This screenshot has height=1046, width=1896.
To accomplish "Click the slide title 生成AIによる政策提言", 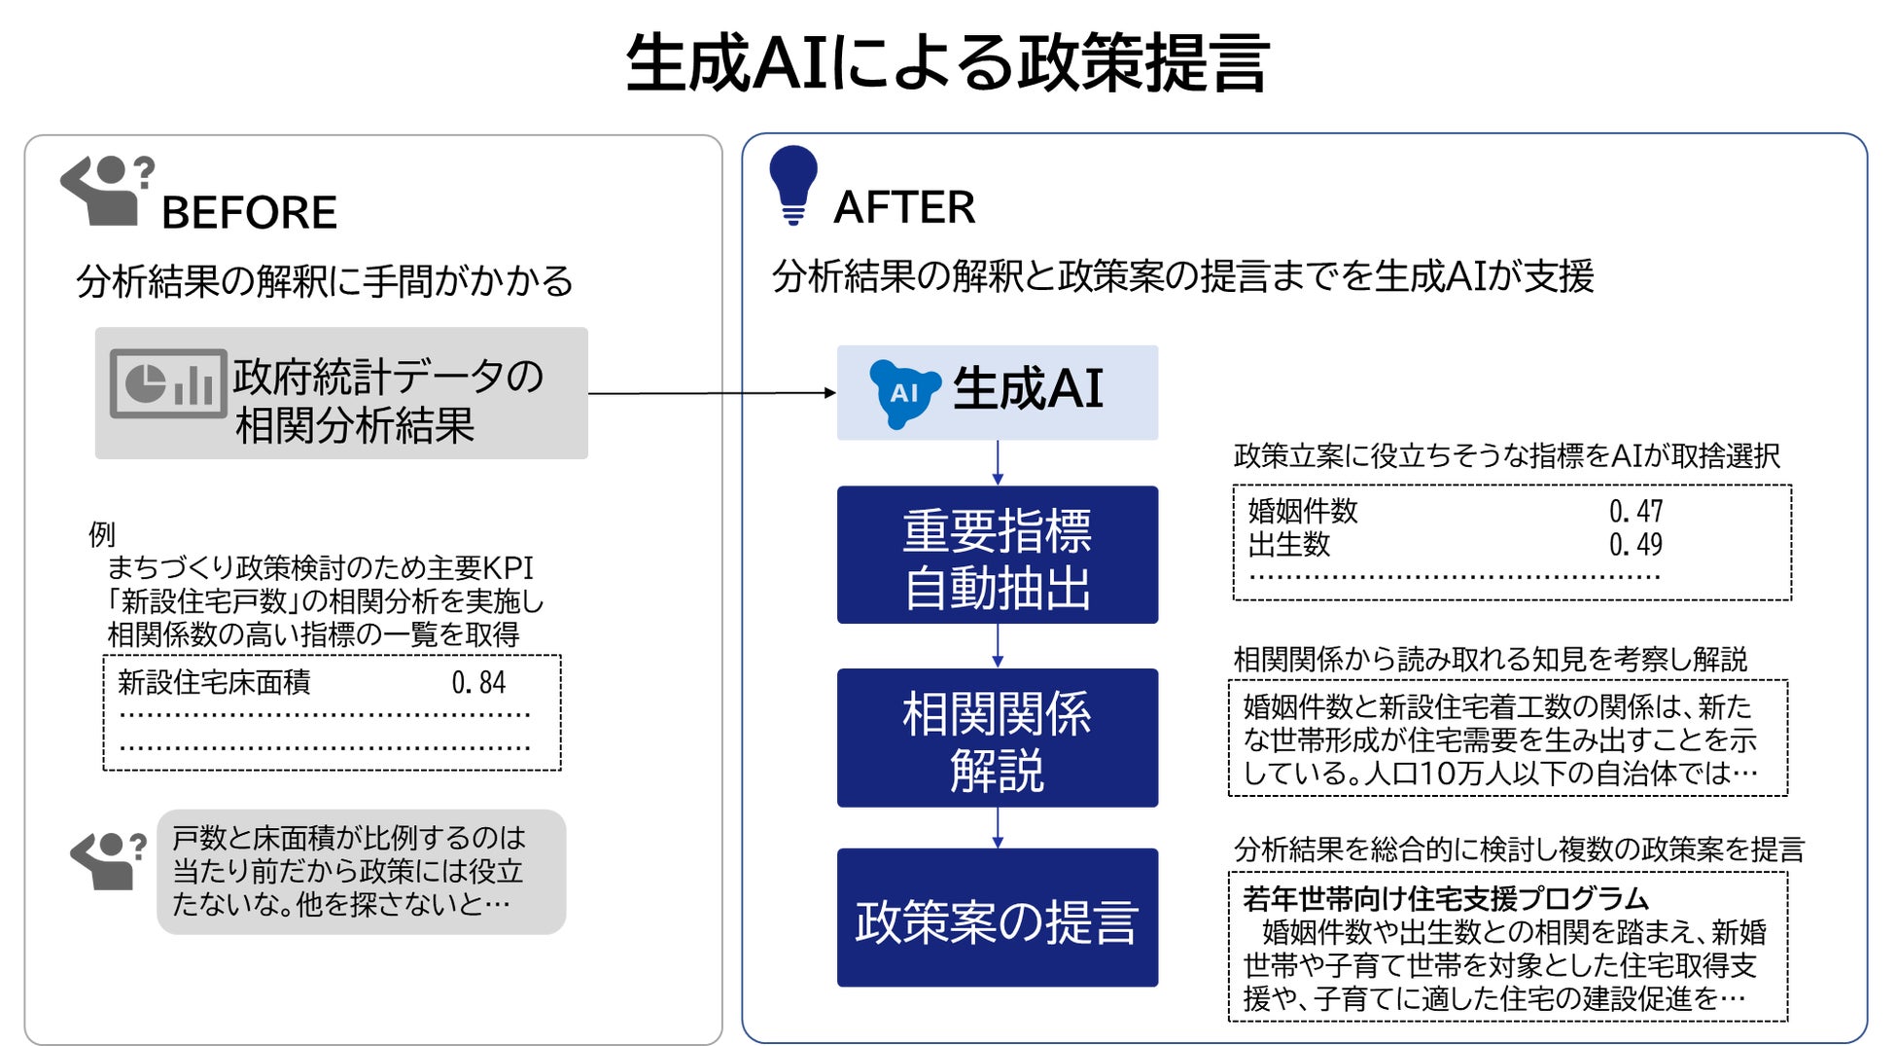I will pyautogui.click(x=947, y=63).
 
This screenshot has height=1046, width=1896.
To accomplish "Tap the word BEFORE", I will pyautogui.click(x=249, y=212).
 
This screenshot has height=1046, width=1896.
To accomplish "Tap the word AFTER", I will pyautogui.click(x=904, y=207).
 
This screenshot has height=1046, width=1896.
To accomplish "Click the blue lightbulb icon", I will pyautogui.click(x=793, y=184).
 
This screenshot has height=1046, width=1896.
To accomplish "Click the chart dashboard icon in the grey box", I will pyautogui.click(x=168, y=383).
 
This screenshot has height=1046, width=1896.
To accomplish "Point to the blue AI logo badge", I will pyautogui.click(x=903, y=392).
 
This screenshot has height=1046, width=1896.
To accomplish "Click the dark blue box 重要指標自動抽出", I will pyautogui.click(x=997, y=555).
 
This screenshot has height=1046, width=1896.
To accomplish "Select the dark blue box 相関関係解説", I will pyautogui.click(x=997, y=738).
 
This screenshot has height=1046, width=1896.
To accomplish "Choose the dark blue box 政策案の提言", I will pyautogui.click(x=997, y=918).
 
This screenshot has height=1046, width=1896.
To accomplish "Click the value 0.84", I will pyautogui.click(x=478, y=682).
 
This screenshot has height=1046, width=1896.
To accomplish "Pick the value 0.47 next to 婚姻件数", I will pyautogui.click(x=1635, y=511).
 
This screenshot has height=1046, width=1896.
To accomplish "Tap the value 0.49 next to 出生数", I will pyautogui.click(x=1635, y=544).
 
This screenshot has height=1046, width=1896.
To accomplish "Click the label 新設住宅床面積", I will pyautogui.click(x=214, y=682).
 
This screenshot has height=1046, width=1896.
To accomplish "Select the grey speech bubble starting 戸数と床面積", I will pyautogui.click(x=361, y=871).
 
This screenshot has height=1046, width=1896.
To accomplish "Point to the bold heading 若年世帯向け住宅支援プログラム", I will pyautogui.click(x=1445, y=898).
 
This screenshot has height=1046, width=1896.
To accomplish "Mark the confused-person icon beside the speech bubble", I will pyautogui.click(x=108, y=860).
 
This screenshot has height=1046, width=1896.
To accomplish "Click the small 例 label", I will pyautogui.click(x=101, y=533).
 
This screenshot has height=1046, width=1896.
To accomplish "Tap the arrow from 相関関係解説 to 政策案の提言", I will pyautogui.click(x=997, y=828).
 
